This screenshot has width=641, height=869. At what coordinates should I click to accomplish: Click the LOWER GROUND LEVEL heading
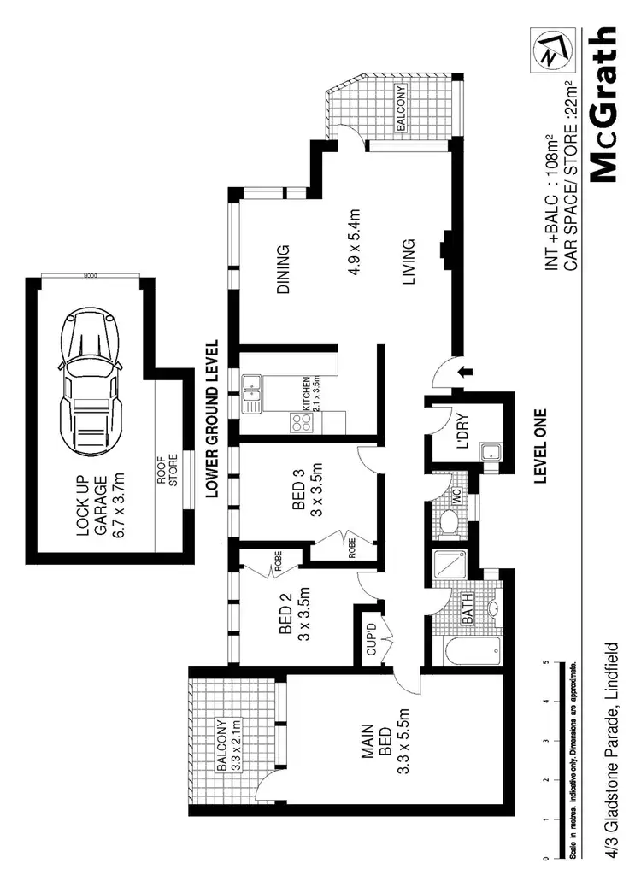(213, 419)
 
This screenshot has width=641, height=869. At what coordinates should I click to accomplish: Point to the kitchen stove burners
(301, 422)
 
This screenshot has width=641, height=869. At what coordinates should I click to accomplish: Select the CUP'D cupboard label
(373, 635)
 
